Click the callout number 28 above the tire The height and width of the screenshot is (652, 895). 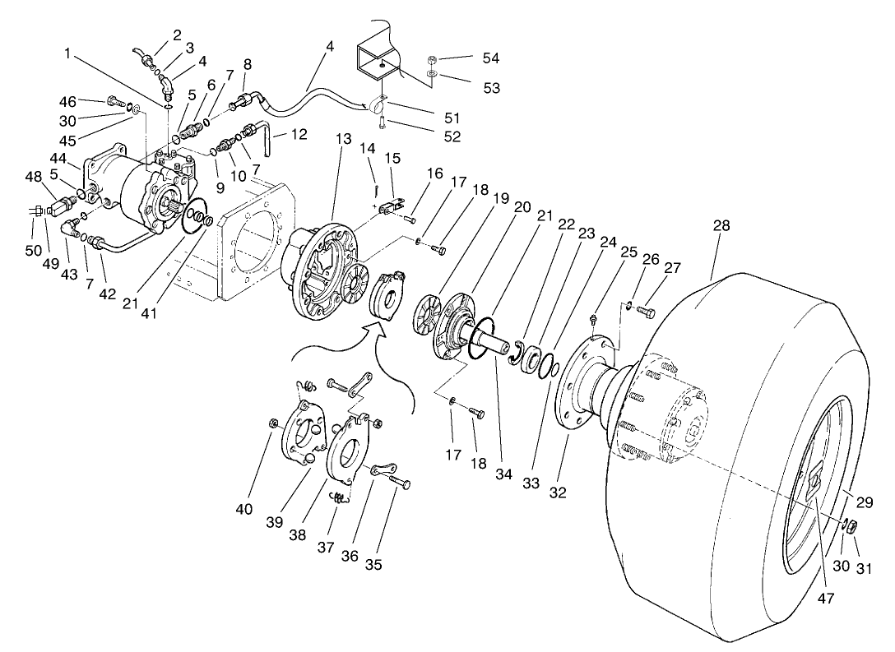(721, 225)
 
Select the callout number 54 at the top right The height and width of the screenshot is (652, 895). (491, 58)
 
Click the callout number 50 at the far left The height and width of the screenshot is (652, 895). (34, 249)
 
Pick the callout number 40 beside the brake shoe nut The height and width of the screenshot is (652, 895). (243, 509)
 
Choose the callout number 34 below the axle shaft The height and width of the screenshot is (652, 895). (503, 474)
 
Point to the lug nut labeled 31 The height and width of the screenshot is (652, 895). (852, 527)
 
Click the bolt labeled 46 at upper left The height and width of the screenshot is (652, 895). (114, 102)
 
